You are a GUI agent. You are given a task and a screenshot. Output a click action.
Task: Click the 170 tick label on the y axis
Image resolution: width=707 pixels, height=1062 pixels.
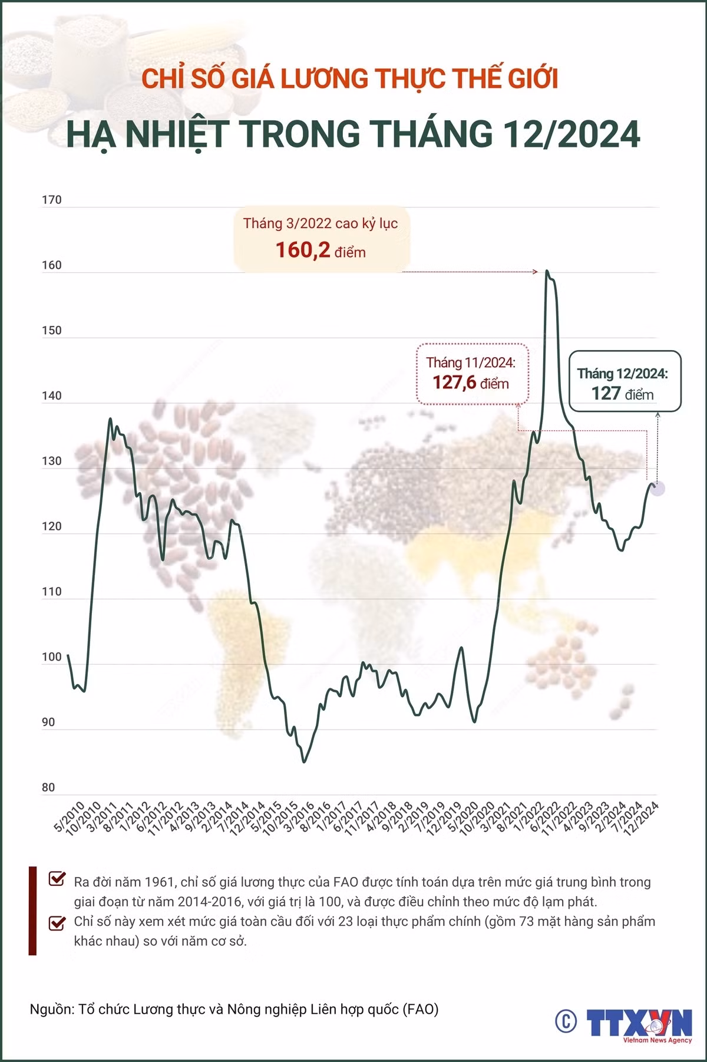coord(51,200)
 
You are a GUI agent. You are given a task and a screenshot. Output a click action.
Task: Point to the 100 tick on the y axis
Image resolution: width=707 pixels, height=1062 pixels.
coord(51,657)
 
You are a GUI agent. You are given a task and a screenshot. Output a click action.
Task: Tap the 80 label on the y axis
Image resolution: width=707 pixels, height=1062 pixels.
coord(48,787)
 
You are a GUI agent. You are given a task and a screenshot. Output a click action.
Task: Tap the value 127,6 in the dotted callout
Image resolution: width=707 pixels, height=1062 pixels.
coord(453,382)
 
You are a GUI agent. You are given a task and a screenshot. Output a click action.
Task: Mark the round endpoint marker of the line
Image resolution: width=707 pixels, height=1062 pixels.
coord(657,488)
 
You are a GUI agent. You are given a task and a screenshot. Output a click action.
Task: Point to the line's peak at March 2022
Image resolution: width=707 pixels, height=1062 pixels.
coord(547,271)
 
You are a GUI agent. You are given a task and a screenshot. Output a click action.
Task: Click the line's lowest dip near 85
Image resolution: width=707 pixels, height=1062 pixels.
coord(304,761)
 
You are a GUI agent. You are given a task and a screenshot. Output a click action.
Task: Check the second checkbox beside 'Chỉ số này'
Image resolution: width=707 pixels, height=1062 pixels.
coord(57,922)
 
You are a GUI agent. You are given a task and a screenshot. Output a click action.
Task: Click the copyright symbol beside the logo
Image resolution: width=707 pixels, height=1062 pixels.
coord(566,1021)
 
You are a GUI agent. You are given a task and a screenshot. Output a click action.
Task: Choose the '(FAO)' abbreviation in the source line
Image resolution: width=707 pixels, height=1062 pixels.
coord(421,1010)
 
